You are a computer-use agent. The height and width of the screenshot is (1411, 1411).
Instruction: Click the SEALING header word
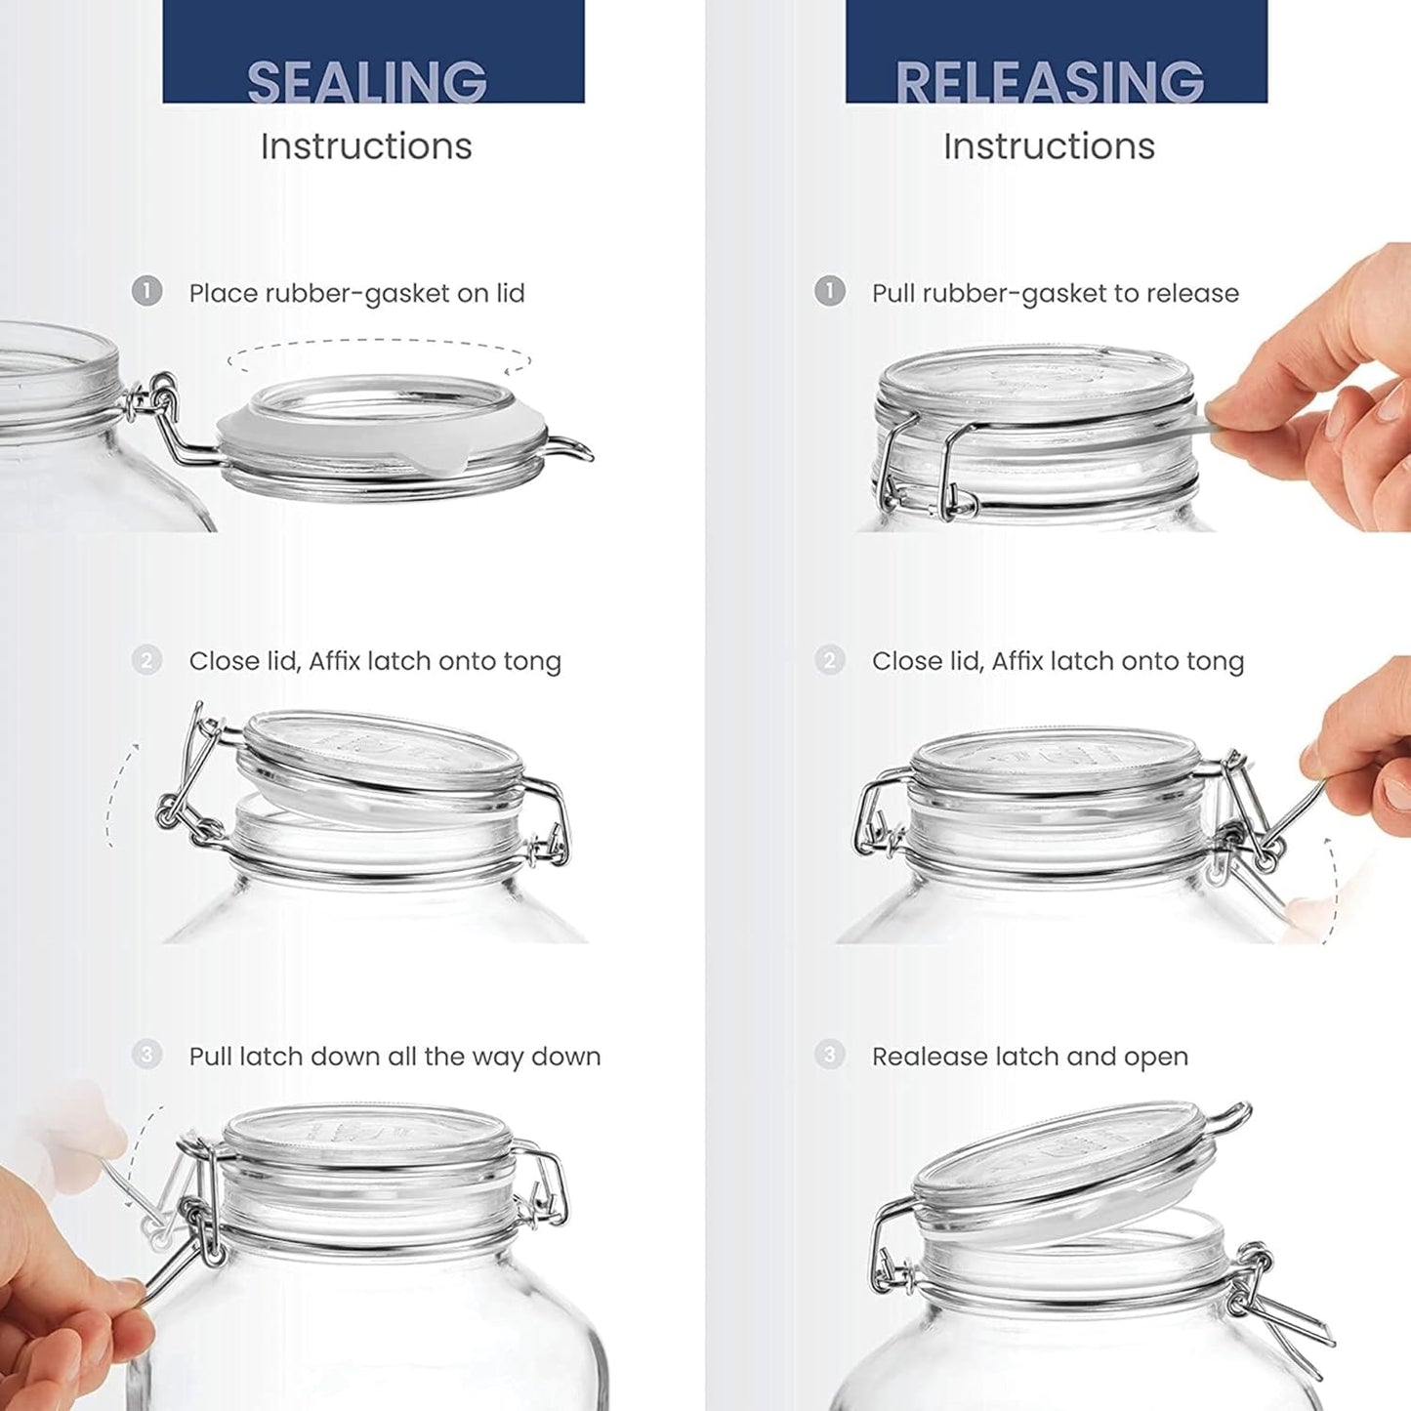click(367, 82)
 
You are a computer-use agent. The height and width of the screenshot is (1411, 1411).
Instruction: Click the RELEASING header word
click(1050, 82)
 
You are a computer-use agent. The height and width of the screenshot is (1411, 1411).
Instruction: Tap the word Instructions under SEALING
click(366, 146)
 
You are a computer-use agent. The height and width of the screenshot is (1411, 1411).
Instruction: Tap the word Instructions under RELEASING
click(1049, 146)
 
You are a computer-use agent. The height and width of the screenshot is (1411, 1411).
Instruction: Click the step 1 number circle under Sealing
click(146, 291)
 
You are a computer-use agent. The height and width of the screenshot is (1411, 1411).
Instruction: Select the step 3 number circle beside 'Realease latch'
click(830, 1055)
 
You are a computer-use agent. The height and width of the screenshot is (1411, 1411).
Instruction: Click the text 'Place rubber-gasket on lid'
click(356, 293)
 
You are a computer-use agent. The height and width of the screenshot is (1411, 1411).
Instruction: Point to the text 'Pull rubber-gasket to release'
click(1055, 293)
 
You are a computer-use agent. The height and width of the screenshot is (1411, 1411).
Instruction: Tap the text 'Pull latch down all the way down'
click(394, 1057)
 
